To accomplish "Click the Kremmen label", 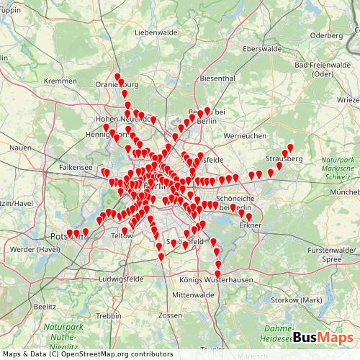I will pos(60,81).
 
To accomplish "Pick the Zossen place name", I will pos(170,315).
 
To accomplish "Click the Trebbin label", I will pos(108,316).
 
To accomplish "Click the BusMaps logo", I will pos(322,337).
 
